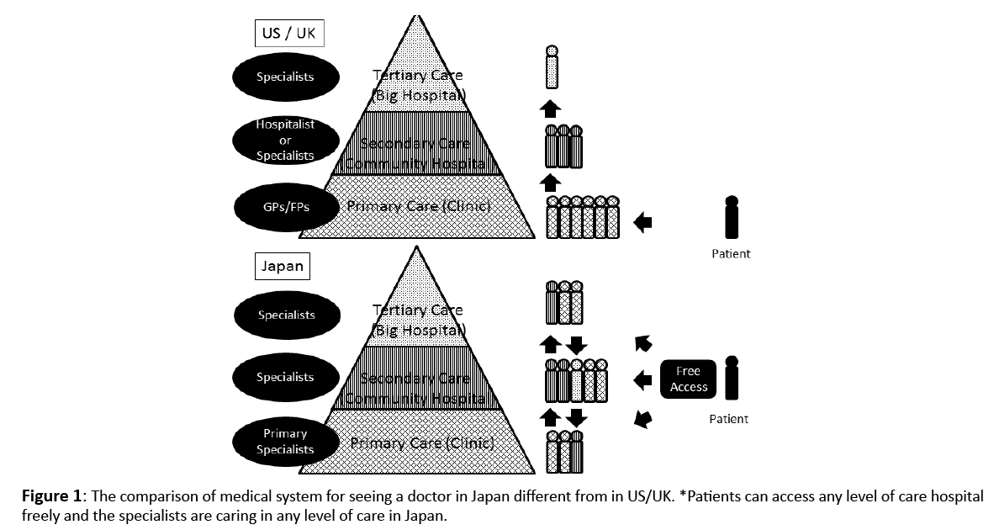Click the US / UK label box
[288, 34]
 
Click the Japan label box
[283, 268]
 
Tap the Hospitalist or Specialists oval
[285, 140]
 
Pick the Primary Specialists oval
[285, 442]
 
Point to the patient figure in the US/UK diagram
[732, 218]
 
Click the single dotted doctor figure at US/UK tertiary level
[552, 66]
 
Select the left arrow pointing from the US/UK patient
[642, 223]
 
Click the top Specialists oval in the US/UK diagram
[285, 77]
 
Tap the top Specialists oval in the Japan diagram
[286, 315]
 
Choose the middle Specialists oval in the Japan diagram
[285, 378]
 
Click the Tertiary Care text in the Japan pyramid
[418, 310]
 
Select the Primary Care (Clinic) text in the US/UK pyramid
[420, 206]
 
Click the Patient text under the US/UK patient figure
[731, 253]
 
